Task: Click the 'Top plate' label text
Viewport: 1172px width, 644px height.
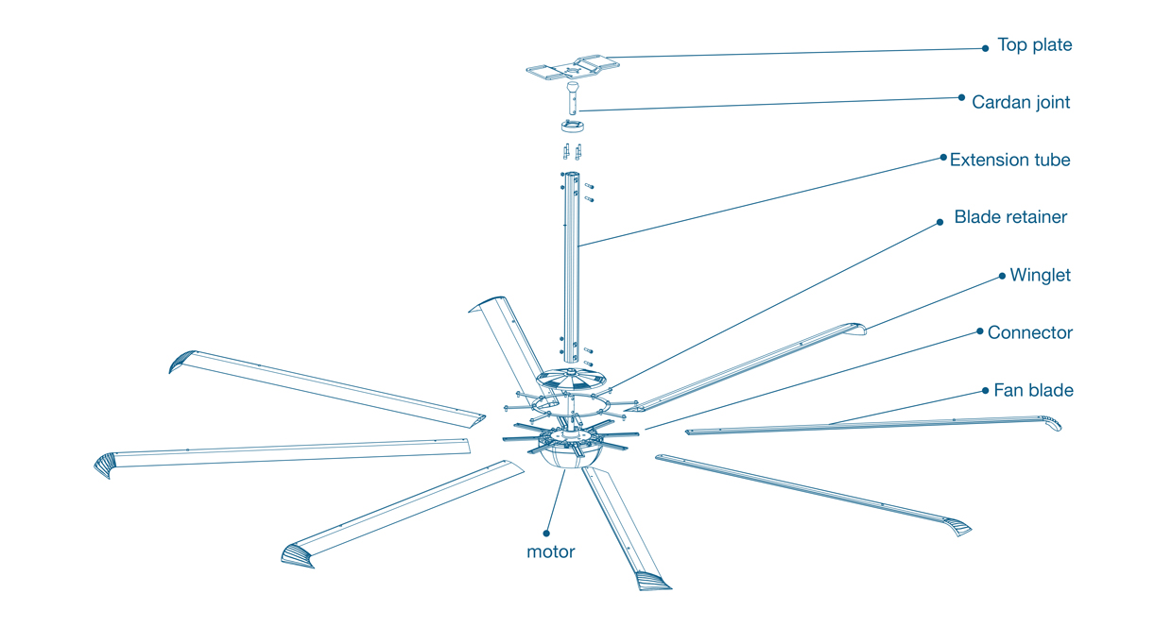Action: pyautogui.click(x=1034, y=45)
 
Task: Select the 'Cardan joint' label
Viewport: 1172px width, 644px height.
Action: pyautogui.click(x=1021, y=102)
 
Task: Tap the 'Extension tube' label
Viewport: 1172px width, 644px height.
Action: pyautogui.click(x=1009, y=160)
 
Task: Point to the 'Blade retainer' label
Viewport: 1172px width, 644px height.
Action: pyautogui.click(x=1010, y=217)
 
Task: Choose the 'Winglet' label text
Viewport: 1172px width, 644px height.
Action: pyautogui.click(x=1040, y=275)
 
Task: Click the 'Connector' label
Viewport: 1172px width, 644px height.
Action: pyautogui.click(x=1029, y=332)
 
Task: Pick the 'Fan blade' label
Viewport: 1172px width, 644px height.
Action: pyautogui.click(x=1033, y=390)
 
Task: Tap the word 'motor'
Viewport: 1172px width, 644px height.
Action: pyautogui.click(x=550, y=551)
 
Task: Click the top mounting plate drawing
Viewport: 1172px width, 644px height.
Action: pyautogui.click(x=573, y=68)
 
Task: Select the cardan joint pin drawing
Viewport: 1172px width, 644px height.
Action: pyautogui.click(x=573, y=98)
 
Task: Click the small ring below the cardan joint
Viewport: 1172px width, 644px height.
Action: pyautogui.click(x=573, y=126)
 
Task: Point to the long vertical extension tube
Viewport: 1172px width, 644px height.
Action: pyautogui.click(x=571, y=267)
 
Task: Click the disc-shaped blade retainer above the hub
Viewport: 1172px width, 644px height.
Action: pyautogui.click(x=571, y=379)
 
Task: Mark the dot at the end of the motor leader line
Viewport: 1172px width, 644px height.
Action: pyautogui.click(x=546, y=534)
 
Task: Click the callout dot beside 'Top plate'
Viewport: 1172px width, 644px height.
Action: pyautogui.click(x=985, y=48)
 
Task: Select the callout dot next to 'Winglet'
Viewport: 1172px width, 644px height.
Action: pyautogui.click(x=1002, y=276)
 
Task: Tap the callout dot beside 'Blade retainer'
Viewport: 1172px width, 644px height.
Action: pyautogui.click(x=939, y=222)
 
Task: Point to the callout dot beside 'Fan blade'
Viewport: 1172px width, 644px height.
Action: pyautogui.click(x=985, y=391)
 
